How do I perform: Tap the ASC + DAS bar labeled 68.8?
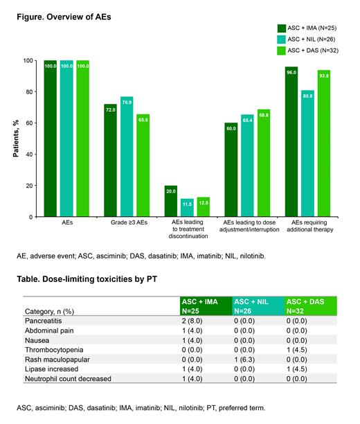pos(263,163)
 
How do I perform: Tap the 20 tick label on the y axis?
pos(30,186)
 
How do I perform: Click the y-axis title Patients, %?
pos(16,139)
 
